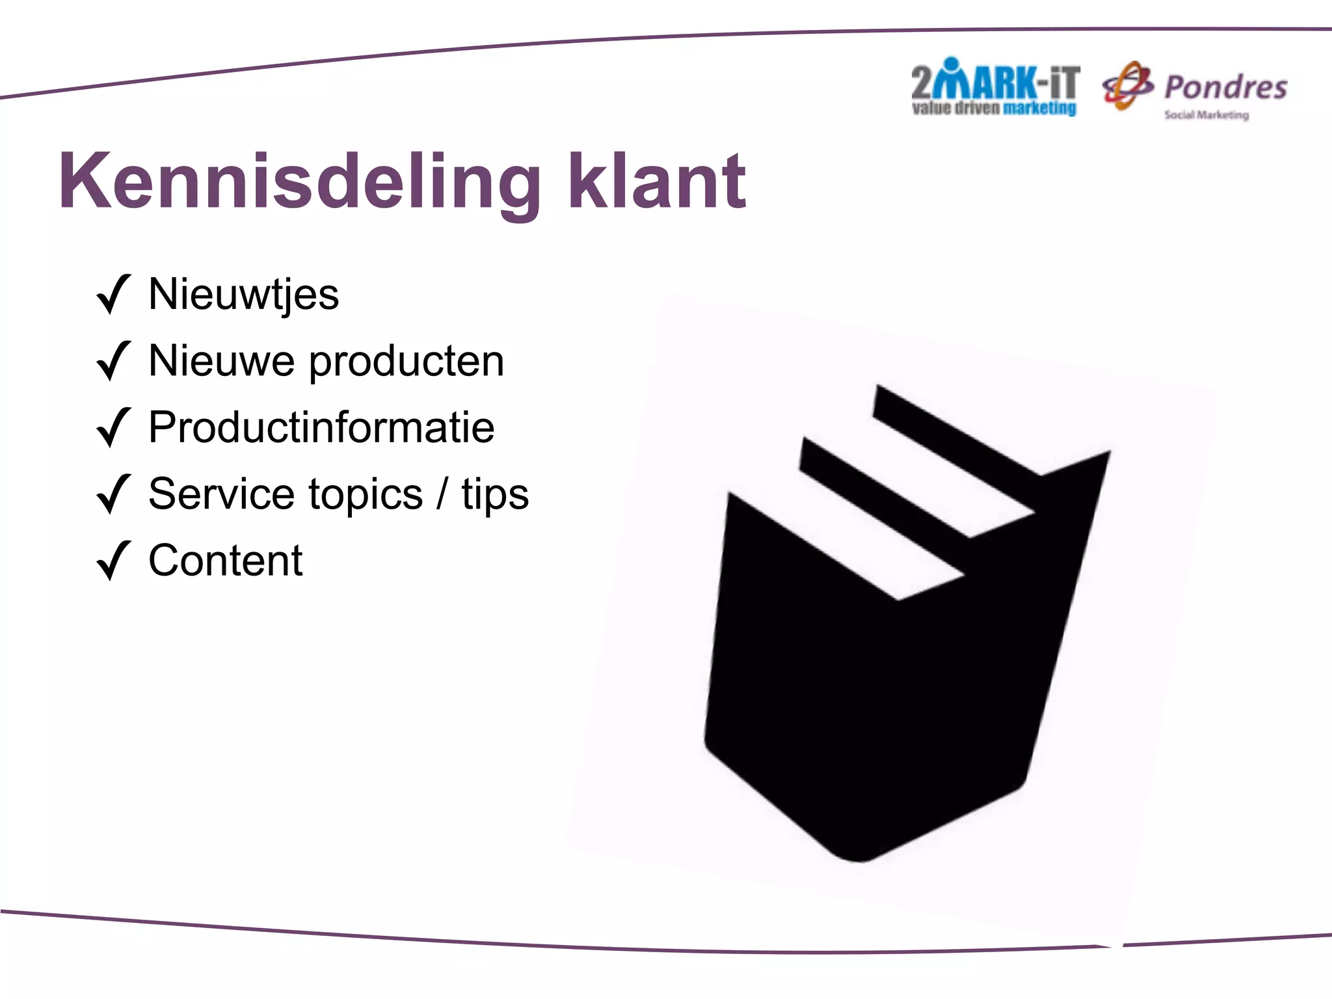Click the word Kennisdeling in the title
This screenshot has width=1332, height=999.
(x=299, y=182)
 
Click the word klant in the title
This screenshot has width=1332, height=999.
(x=657, y=182)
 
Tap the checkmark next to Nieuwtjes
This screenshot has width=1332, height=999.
(x=113, y=295)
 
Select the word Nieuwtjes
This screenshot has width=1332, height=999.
(x=243, y=295)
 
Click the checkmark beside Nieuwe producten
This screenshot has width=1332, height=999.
(x=113, y=361)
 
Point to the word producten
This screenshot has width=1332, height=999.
(x=406, y=362)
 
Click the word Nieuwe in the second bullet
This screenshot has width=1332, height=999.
(x=221, y=361)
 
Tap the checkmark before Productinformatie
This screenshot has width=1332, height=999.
(x=113, y=428)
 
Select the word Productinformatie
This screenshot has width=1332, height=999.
(x=321, y=428)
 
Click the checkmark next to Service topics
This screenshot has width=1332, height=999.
(x=113, y=494)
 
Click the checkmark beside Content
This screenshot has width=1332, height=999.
(x=113, y=561)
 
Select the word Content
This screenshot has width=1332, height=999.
(x=225, y=561)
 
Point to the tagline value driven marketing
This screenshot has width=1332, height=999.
(x=994, y=109)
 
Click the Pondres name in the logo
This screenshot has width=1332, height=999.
(x=1225, y=88)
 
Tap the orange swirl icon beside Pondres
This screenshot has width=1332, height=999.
(x=1127, y=86)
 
